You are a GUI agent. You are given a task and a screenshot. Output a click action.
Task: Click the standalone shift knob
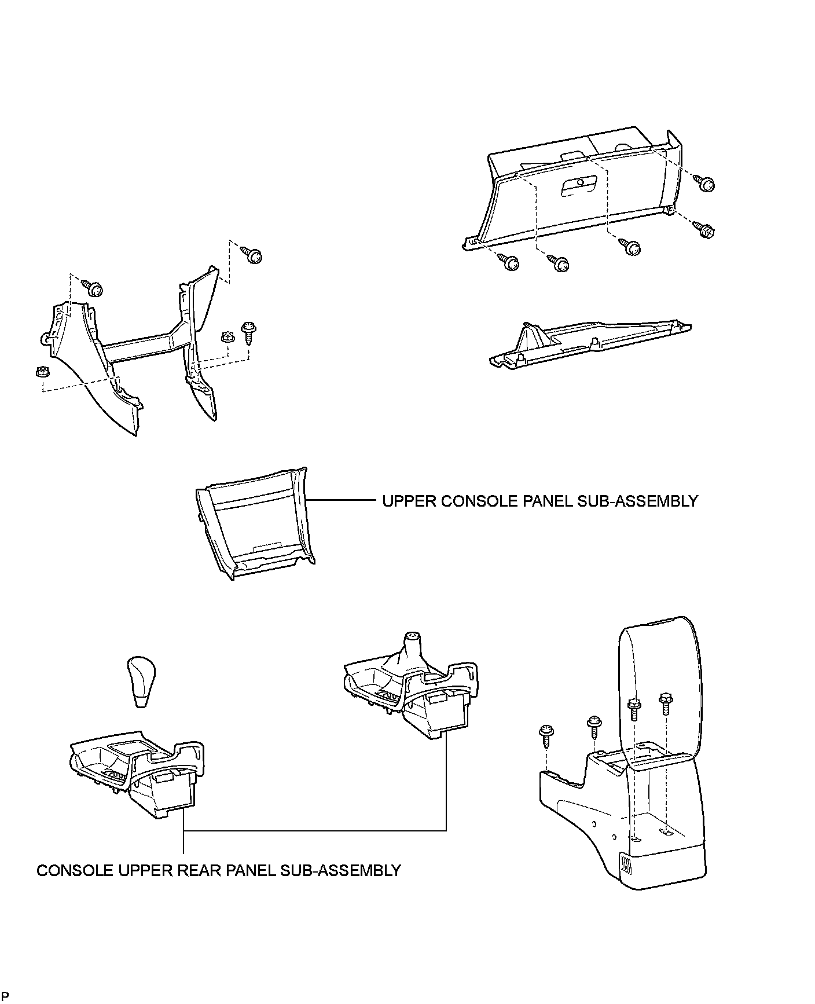[x=141, y=681]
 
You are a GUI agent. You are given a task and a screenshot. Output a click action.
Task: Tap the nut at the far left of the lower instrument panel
[x=41, y=372]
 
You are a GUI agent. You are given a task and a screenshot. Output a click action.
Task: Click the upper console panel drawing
[x=255, y=524]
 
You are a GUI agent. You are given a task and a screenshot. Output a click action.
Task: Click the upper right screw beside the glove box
[x=706, y=184]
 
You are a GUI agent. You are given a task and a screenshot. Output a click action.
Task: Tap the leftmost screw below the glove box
[x=509, y=263]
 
